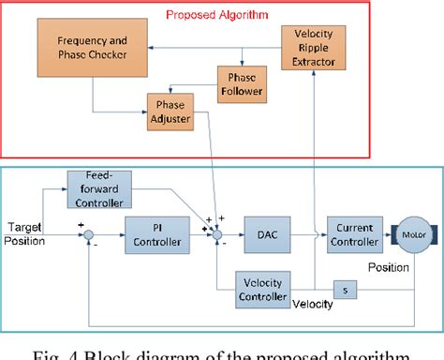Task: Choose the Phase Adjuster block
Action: tap(171, 110)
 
